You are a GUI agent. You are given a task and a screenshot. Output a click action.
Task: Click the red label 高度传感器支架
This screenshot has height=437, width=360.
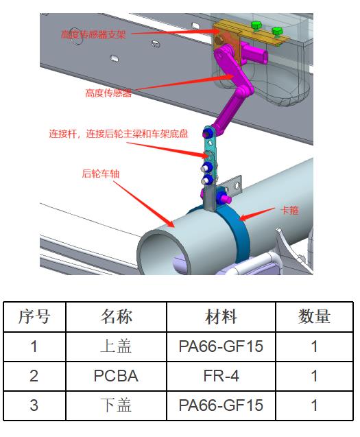point(93,34)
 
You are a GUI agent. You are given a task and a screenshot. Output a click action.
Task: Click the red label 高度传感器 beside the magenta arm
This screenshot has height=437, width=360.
point(108,93)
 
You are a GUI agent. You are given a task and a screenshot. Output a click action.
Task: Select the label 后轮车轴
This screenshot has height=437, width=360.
point(101,174)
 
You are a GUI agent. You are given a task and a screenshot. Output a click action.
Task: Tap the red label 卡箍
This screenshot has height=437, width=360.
point(290,210)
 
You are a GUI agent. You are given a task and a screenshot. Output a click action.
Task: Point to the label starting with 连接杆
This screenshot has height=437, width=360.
point(119,134)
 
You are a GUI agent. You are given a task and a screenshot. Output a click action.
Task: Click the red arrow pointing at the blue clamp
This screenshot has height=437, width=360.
point(256,214)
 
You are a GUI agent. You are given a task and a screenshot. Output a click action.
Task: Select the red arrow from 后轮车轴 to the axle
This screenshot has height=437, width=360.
point(144,204)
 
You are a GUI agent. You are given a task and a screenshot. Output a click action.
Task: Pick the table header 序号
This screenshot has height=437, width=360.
point(34,317)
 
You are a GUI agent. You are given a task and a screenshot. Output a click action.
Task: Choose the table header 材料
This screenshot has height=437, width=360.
point(221,317)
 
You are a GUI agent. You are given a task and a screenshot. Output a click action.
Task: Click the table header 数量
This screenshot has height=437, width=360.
point(314,317)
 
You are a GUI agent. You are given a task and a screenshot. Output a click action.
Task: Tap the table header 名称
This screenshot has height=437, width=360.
point(116,317)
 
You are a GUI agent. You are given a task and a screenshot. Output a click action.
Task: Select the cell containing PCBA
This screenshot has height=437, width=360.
point(116,376)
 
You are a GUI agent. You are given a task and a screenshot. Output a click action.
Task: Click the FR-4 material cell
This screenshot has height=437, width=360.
point(221,376)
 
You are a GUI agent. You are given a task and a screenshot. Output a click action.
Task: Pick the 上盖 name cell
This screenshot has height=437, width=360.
point(116,346)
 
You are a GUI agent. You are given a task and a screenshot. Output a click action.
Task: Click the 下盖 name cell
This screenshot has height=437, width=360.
point(116,405)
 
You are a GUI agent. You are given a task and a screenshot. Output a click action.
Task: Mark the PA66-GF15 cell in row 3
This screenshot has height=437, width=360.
point(221,405)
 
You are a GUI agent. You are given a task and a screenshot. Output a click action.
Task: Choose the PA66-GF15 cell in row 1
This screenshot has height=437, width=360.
point(221,346)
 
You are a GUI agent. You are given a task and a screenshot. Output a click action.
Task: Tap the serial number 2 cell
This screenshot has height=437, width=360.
point(34,376)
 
